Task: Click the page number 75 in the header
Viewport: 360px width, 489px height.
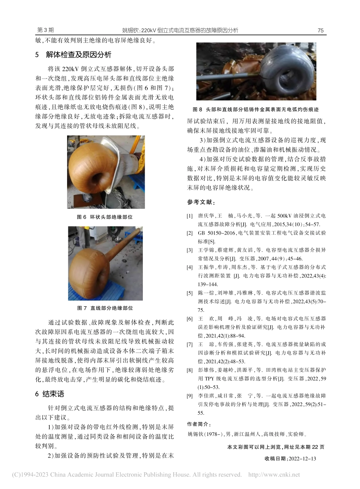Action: pos(320,31)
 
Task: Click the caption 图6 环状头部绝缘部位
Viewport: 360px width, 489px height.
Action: pos(105,217)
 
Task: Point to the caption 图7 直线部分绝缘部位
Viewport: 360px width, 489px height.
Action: pos(105,308)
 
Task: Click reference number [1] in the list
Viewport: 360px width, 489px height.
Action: pos(189,216)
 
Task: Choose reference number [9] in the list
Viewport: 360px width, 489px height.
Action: pos(189,396)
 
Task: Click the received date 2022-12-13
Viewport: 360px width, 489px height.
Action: pos(302,458)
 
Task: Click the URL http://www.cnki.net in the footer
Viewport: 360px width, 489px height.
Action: pos(274,475)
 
